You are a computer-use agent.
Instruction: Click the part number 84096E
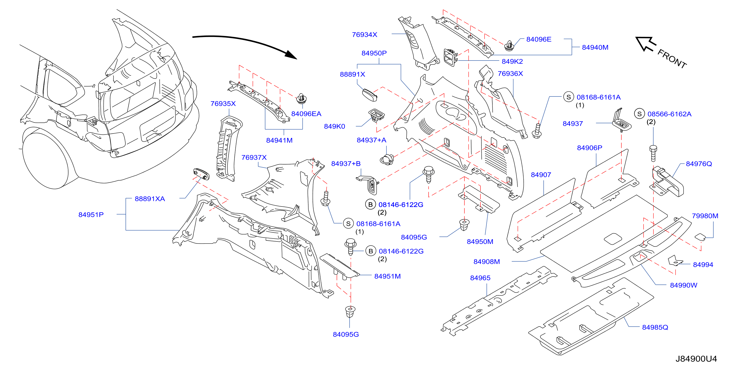coord(539,39)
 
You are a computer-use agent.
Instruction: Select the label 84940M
coord(595,47)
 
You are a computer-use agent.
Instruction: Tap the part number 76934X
coord(365,35)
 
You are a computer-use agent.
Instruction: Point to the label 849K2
coord(512,61)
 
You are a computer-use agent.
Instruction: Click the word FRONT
coord(672,58)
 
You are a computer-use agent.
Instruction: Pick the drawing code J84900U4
coord(696,359)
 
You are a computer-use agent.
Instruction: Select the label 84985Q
coord(655,327)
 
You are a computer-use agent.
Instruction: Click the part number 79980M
coord(705,216)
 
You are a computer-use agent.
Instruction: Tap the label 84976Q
coord(699,164)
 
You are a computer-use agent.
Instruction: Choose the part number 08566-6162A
coord(669,114)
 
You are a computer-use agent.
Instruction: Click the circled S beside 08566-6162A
coord(639,114)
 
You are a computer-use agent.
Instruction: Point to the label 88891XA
coord(150,199)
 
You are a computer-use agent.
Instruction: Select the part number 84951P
coord(91,215)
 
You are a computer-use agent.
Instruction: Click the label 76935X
coord(223,104)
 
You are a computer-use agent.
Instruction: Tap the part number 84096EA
coord(306,114)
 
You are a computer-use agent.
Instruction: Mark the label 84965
coord(480,278)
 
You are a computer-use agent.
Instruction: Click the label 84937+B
coord(346,164)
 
